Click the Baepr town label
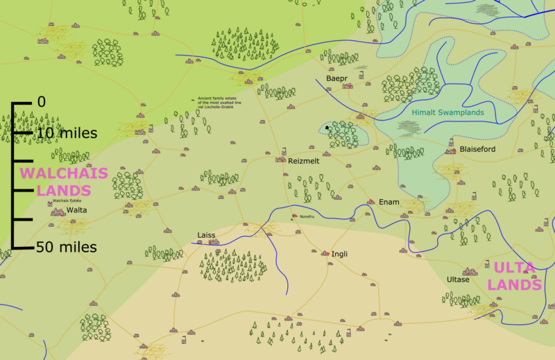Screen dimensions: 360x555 click(x=336, y=79)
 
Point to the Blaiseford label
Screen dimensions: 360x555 click(x=477, y=149)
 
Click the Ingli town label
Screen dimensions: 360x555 click(x=340, y=254)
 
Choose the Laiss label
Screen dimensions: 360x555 click(x=207, y=235)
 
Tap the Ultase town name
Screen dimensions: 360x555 click(x=458, y=279)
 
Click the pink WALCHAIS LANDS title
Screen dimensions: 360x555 click(x=55, y=182)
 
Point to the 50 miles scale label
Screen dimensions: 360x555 click(x=67, y=247)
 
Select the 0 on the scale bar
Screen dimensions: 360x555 click(x=41, y=102)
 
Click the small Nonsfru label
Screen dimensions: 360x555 click(x=307, y=217)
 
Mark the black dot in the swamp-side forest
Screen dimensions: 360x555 click(x=327, y=128)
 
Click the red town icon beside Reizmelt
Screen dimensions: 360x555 click(x=282, y=160)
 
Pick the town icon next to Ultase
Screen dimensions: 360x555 click(x=470, y=271)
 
